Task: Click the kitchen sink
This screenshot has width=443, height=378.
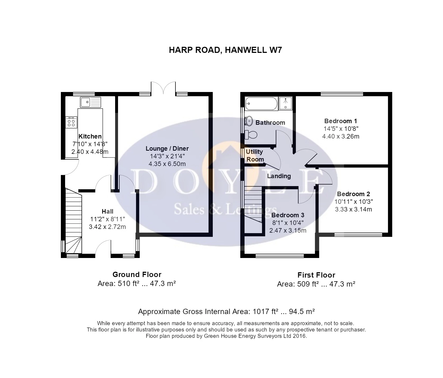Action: tap(91, 102)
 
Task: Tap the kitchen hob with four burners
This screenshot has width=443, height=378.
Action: tap(71, 122)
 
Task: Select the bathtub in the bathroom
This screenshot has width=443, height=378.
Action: tap(261, 104)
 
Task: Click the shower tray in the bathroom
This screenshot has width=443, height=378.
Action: tap(285, 103)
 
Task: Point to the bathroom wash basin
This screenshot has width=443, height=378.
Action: tap(248, 121)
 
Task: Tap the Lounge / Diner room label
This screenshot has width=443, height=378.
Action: tap(167, 149)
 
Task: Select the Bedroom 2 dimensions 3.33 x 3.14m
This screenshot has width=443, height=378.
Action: tap(354, 210)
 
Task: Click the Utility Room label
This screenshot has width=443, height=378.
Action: tap(255, 155)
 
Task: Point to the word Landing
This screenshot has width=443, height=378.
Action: tap(279, 176)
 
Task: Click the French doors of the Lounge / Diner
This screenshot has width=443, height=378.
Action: tap(163, 87)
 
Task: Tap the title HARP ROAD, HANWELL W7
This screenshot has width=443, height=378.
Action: tap(225, 50)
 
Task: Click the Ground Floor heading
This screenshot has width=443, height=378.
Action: tap(137, 274)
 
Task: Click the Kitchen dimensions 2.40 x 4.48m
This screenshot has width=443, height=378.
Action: tap(90, 152)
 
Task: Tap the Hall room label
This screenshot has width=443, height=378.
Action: tap(107, 211)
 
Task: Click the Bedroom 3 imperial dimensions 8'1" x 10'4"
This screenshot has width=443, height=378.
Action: tap(288, 223)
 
